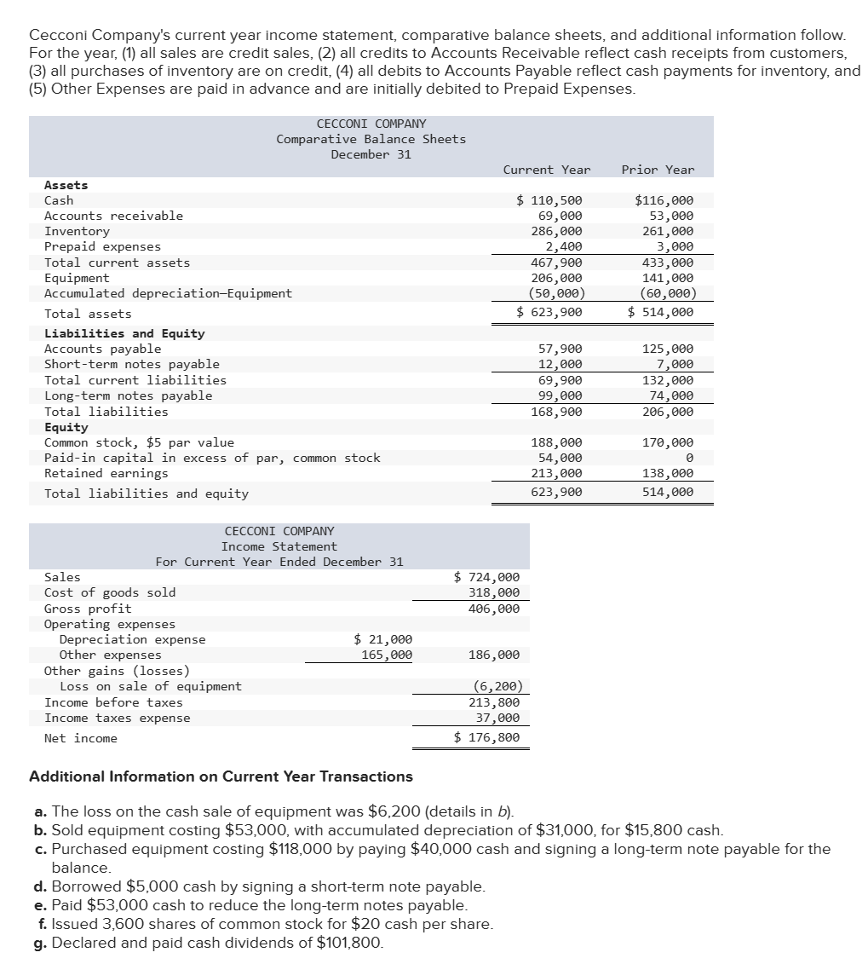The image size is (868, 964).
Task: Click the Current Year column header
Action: tap(546, 170)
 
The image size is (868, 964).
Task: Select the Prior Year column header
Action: tap(658, 170)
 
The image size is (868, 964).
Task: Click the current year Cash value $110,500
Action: tap(549, 200)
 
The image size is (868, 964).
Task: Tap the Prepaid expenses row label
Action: tap(102, 246)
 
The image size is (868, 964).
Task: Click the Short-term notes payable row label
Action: tap(131, 364)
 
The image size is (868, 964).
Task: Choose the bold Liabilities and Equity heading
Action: tap(124, 333)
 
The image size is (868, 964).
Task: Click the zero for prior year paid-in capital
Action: tap(689, 458)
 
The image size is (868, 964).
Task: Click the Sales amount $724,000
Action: tap(487, 577)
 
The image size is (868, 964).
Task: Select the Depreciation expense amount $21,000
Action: tap(382, 639)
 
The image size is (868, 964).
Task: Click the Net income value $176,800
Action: tap(487, 737)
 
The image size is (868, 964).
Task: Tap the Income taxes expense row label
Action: tap(118, 718)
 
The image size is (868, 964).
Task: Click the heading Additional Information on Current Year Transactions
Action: tap(221, 776)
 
